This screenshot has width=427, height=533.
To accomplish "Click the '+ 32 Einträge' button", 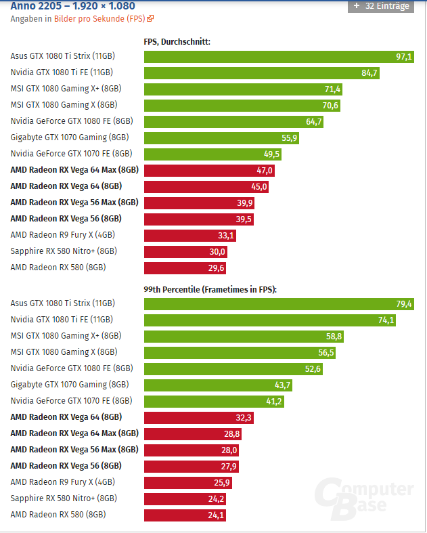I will (380, 6).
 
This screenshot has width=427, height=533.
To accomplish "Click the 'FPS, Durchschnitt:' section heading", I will (177, 41).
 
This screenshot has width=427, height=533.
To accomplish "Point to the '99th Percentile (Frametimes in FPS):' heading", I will (210, 289).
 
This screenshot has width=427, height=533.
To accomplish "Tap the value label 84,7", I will (369, 73).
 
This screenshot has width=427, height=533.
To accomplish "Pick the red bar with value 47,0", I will (210, 171).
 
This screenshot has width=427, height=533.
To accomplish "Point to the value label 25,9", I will (233, 483).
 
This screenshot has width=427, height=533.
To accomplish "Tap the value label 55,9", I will (289, 138).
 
